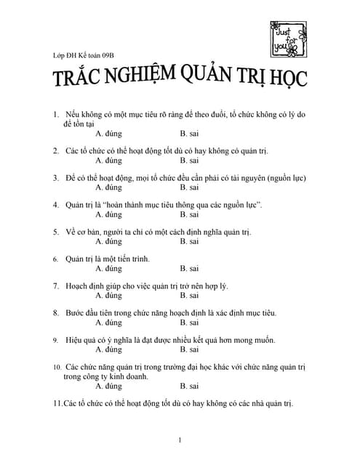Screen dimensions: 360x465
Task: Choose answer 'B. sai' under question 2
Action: click(189, 160)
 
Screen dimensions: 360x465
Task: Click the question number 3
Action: click(56, 177)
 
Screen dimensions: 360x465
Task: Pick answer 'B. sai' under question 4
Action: click(189, 214)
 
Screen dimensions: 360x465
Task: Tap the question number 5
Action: click(56, 232)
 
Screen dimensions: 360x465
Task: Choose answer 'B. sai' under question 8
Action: click(189, 323)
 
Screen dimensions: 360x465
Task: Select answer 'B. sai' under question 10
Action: click(189, 386)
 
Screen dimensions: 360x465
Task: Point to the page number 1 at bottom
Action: click(180, 440)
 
